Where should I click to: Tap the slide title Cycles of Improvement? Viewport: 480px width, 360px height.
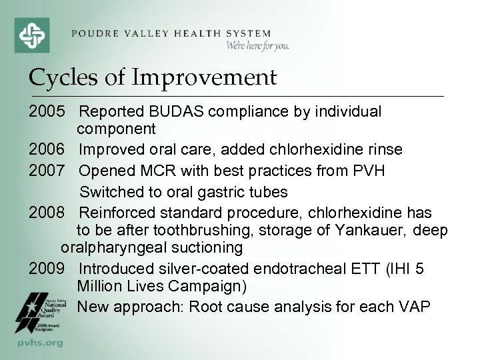tap(152, 78)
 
